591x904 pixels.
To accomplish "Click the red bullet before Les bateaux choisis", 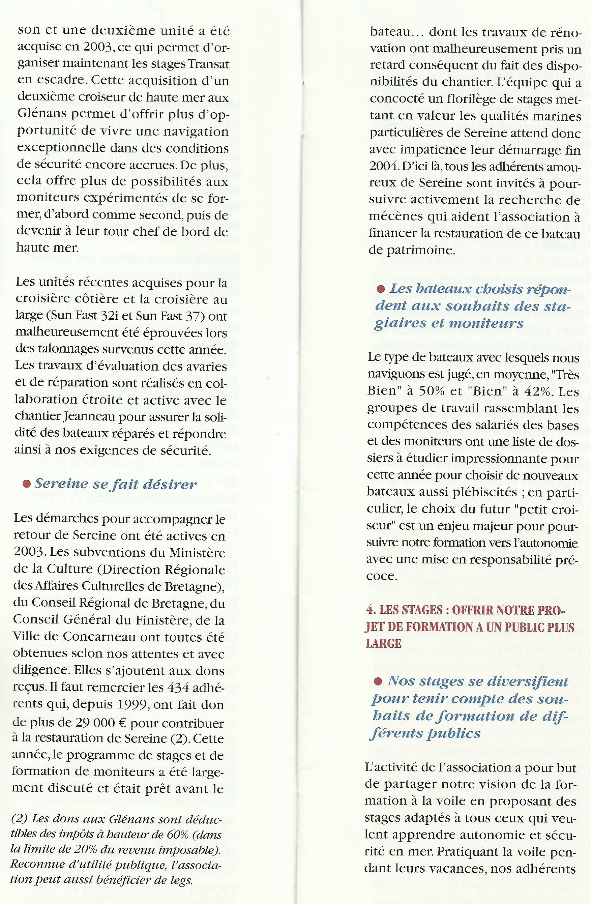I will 380,290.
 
